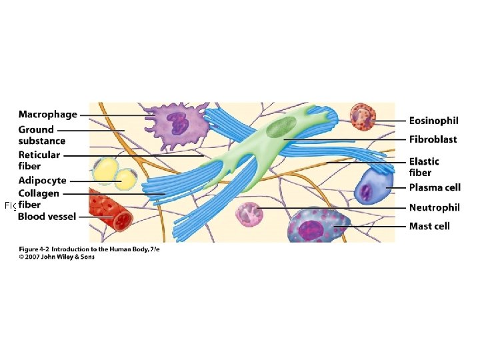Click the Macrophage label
click(47, 115)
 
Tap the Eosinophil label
click(433, 121)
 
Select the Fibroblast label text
click(433, 139)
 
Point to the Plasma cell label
click(435, 187)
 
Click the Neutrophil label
click(434, 207)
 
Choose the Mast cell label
click(429, 226)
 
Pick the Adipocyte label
click(42, 181)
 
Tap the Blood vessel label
click(47, 216)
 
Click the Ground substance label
click(41, 135)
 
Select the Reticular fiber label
click(39, 161)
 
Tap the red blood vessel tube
click(111, 209)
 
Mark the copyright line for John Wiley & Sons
click(56, 257)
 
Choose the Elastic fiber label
click(424, 167)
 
